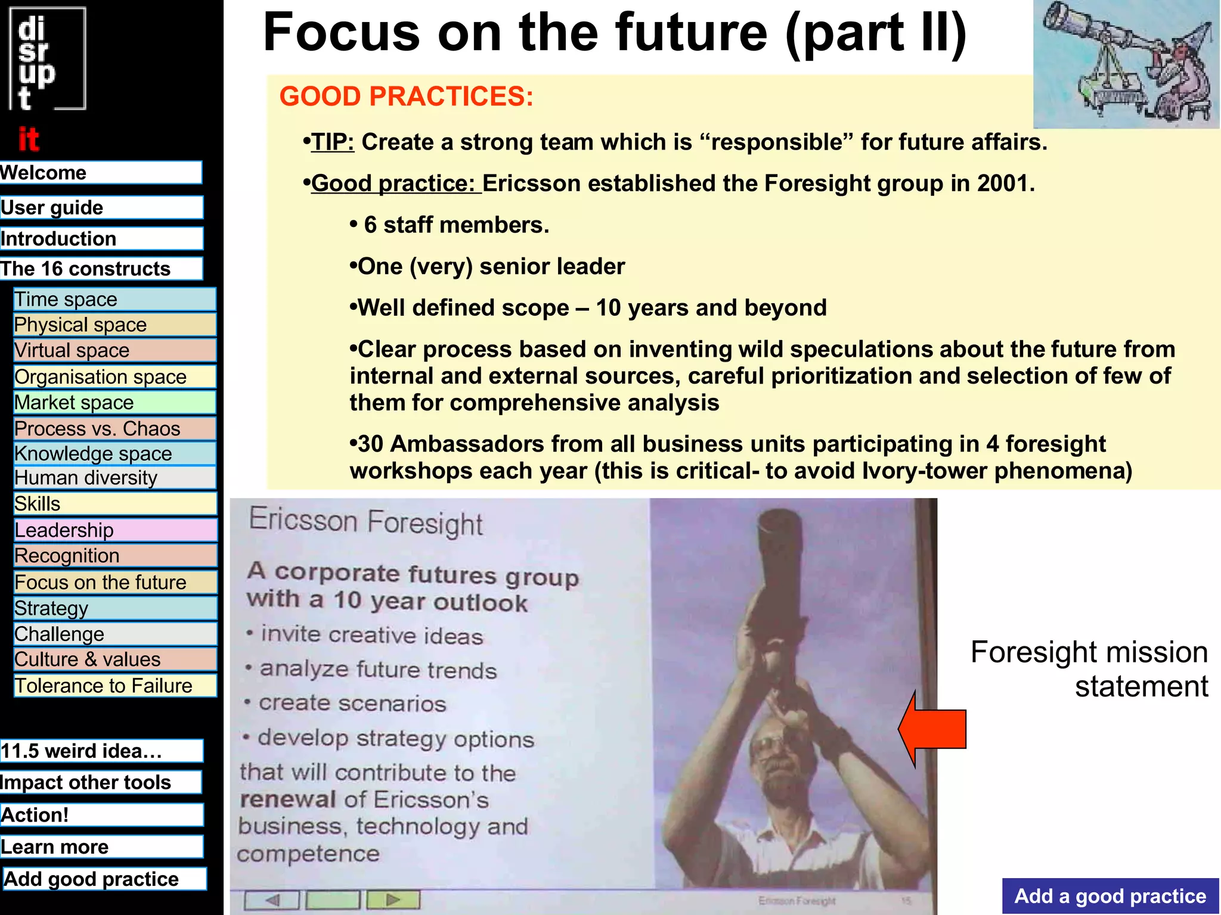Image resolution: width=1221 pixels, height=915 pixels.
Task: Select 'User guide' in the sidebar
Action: pos(101,208)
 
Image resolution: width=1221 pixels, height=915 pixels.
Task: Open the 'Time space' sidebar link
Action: pos(114,299)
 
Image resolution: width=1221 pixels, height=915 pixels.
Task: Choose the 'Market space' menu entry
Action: pos(114,403)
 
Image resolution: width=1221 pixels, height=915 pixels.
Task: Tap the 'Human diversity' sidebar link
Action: pos(114,478)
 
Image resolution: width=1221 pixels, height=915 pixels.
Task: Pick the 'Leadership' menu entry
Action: pos(114,530)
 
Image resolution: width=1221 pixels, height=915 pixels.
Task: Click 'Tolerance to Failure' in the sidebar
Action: pos(114,686)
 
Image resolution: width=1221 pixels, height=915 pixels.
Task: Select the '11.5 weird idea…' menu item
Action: pos(101,751)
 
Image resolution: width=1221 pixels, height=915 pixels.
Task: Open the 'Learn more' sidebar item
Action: pos(101,847)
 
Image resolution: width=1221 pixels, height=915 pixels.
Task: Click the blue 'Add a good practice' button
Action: pos(1110,896)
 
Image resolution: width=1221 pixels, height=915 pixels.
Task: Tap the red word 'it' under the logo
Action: pos(29,140)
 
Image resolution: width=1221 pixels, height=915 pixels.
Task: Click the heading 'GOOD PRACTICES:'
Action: pos(406,97)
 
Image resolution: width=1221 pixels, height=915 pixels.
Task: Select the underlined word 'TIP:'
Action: pos(333,142)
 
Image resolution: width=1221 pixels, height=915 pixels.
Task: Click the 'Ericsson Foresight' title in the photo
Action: pos(365,521)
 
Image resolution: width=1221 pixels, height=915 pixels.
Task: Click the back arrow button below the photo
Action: pos(272,900)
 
